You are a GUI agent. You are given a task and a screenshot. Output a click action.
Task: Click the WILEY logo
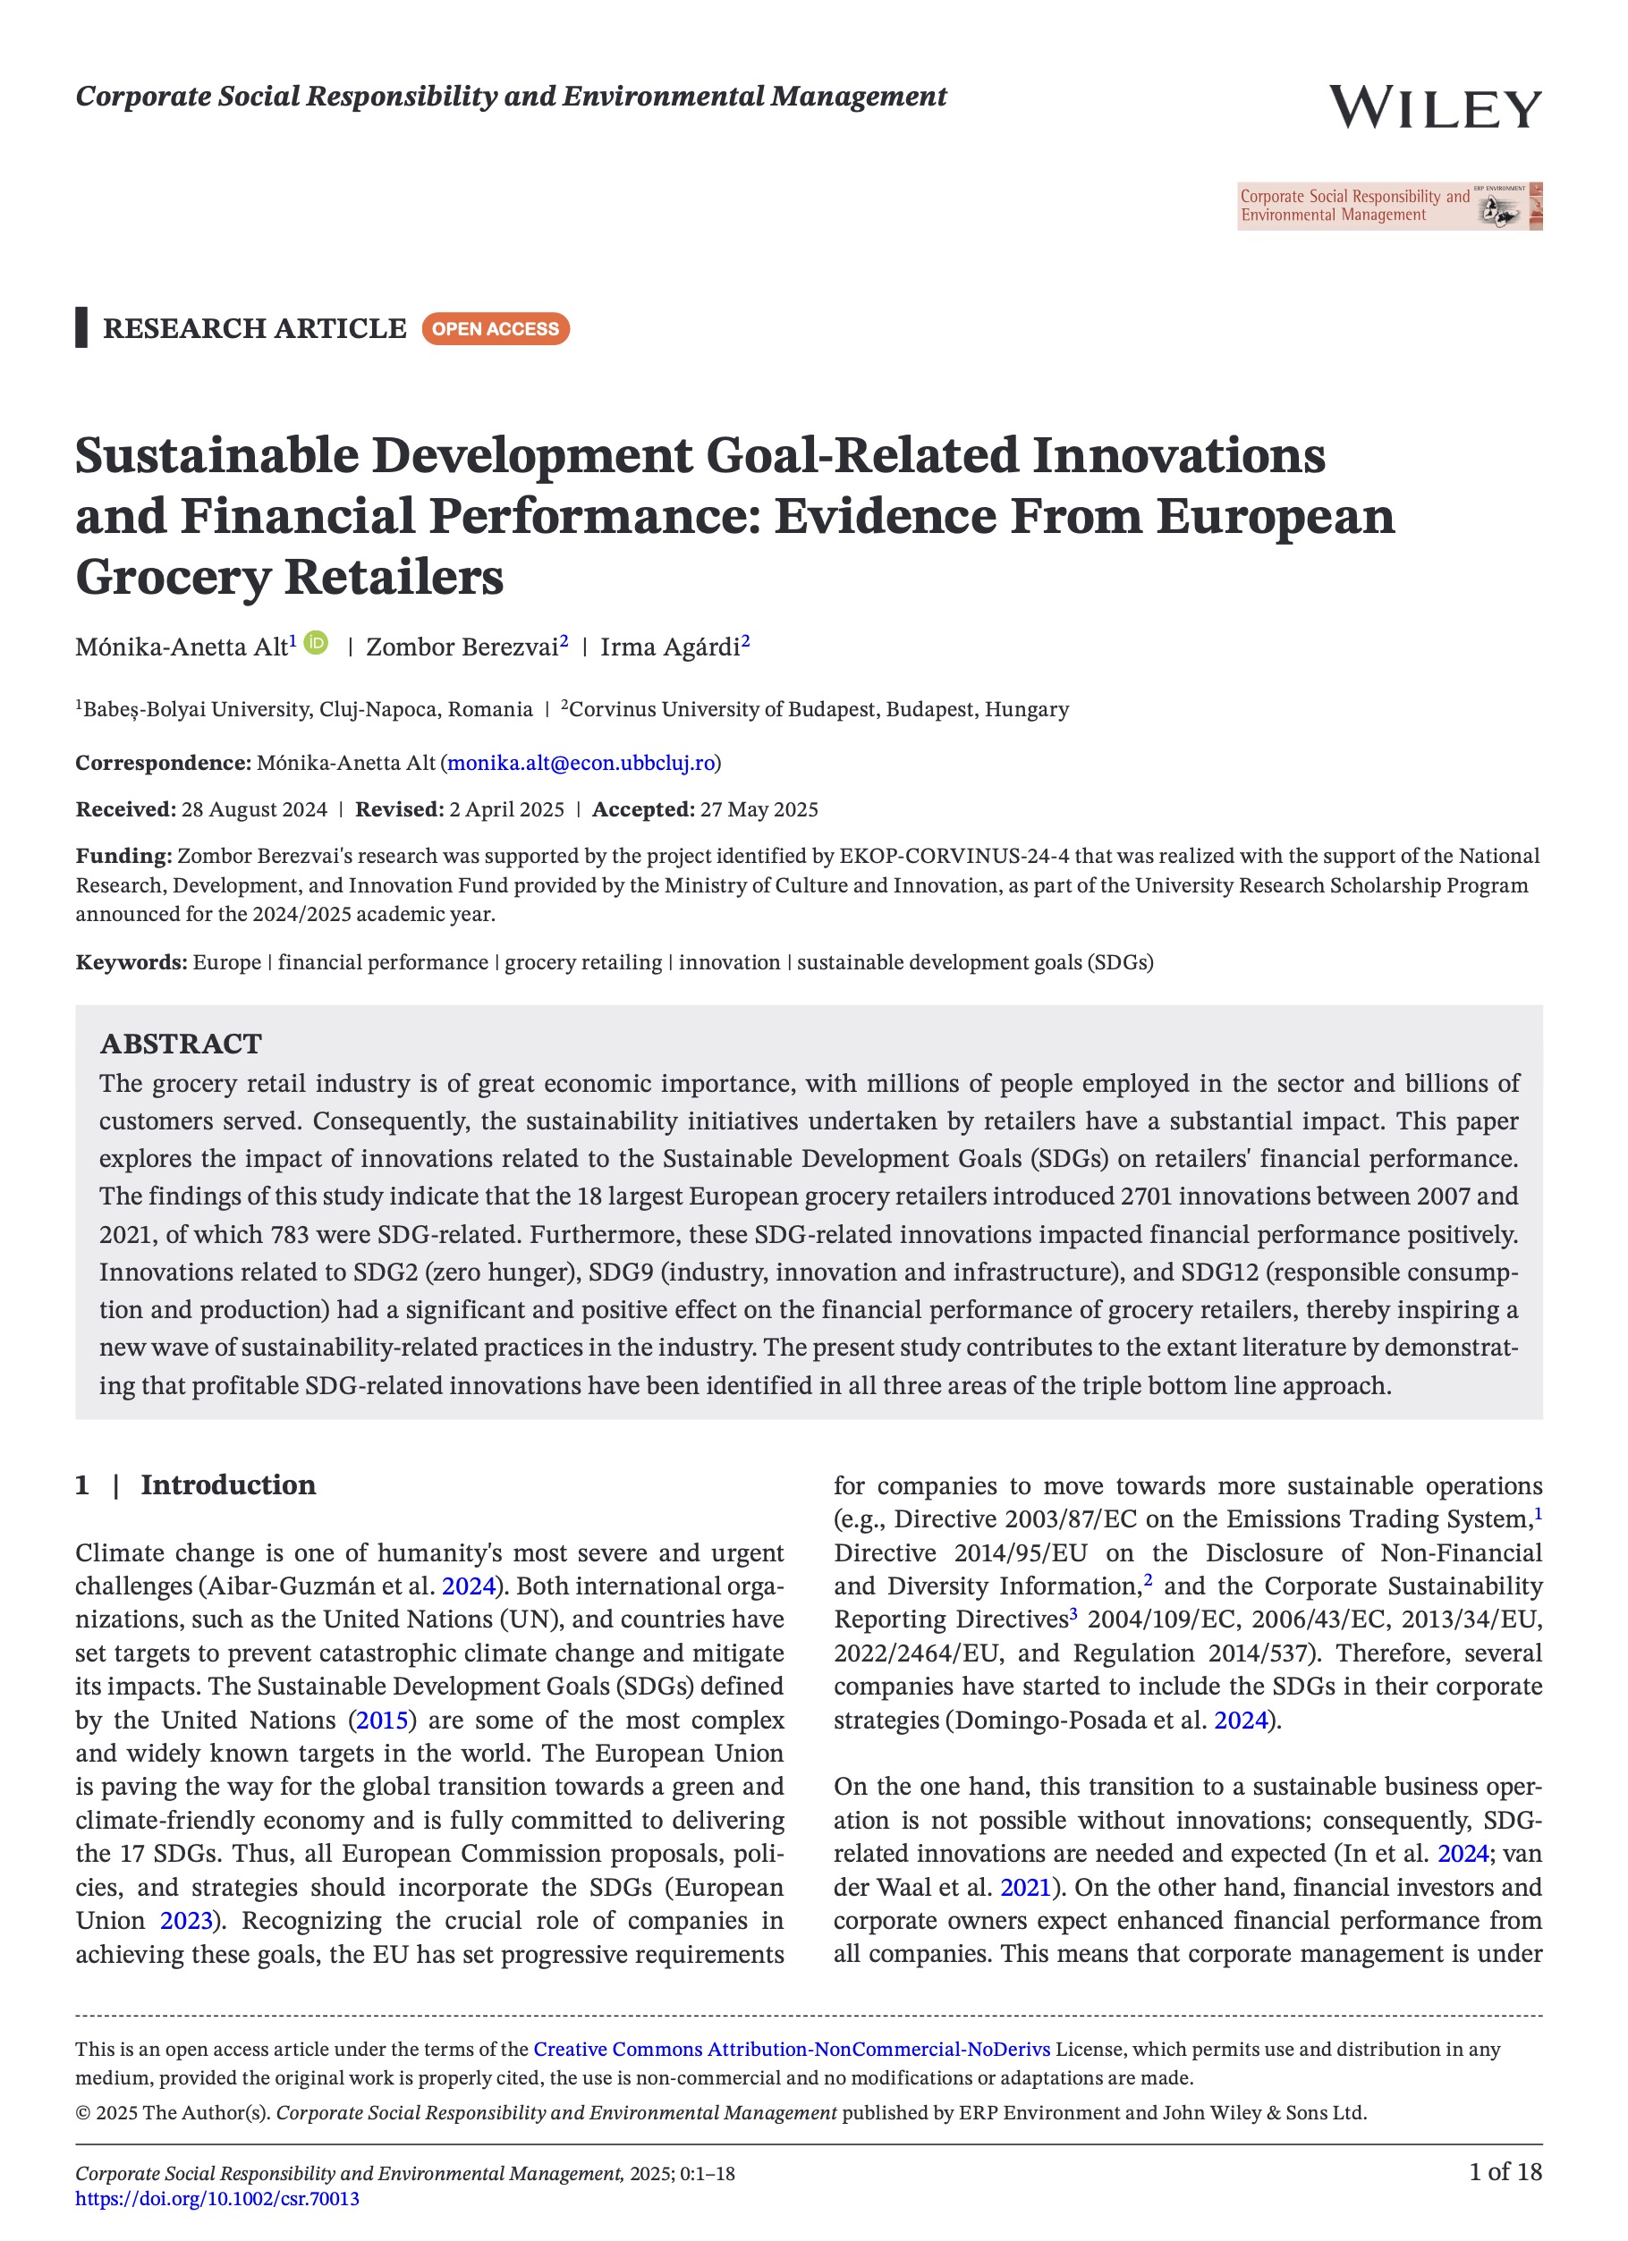click(1433, 106)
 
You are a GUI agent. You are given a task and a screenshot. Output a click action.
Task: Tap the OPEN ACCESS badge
click(496, 329)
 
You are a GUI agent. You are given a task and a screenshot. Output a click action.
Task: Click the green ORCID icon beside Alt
click(317, 643)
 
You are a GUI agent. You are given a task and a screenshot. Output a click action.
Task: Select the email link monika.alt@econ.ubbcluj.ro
click(581, 763)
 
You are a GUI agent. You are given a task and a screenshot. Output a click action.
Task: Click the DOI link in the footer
click(217, 2198)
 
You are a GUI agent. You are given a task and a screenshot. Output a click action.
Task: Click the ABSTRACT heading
click(181, 1044)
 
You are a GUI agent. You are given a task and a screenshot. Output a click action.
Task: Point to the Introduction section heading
click(227, 1485)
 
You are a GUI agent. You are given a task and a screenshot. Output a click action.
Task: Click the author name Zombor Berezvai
click(462, 647)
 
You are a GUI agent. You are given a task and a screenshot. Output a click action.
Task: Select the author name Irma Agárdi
click(669, 647)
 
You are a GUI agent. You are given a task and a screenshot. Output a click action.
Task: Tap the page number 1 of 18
click(1505, 2171)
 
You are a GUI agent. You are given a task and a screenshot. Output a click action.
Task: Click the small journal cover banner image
click(1389, 207)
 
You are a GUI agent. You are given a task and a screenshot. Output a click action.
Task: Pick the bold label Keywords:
click(131, 962)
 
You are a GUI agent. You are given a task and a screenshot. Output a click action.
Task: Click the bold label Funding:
click(123, 856)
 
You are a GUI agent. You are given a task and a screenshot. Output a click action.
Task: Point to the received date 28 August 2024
click(254, 809)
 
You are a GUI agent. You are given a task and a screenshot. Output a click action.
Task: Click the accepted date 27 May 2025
click(759, 809)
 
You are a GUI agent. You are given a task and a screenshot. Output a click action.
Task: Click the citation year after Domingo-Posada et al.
click(1241, 1721)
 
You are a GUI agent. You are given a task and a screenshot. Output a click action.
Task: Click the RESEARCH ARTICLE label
click(254, 328)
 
